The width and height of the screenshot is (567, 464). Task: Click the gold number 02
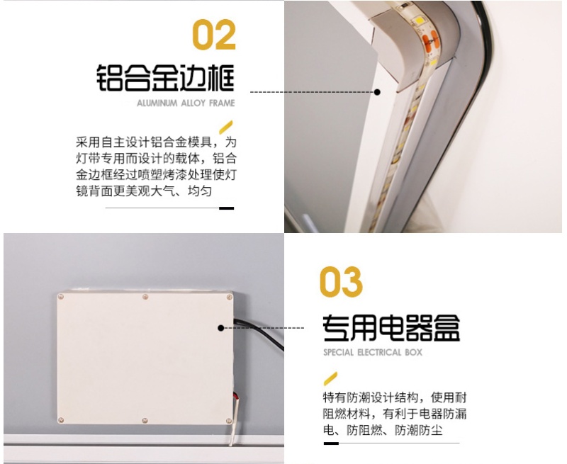(x=214, y=34)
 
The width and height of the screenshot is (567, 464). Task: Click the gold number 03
(x=341, y=282)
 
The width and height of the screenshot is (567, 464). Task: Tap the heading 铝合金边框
(x=165, y=78)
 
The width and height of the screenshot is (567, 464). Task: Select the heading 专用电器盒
(x=391, y=328)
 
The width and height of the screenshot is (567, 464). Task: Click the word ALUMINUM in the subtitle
(x=157, y=103)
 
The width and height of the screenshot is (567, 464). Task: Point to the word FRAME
(x=222, y=103)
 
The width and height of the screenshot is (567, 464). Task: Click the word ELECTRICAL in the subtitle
(x=379, y=352)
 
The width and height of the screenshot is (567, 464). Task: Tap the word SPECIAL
(x=339, y=352)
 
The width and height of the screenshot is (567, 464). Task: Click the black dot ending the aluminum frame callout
(x=377, y=92)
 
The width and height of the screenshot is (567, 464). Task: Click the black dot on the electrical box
(x=221, y=328)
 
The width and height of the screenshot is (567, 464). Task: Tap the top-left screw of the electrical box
(x=61, y=297)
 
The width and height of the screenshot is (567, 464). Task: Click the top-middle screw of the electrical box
(x=145, y=297)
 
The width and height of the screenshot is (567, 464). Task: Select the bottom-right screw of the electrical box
(x=228, y=421)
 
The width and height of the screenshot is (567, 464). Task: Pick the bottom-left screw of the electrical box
(x=61, y=420)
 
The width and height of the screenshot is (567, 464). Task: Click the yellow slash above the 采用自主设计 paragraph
(x=225, y=127)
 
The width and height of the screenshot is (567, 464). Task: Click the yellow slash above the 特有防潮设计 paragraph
(x=330, y=379)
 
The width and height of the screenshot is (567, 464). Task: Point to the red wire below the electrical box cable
(x=237, y=397)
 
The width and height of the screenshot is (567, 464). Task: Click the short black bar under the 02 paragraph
(x=226, y=208)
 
